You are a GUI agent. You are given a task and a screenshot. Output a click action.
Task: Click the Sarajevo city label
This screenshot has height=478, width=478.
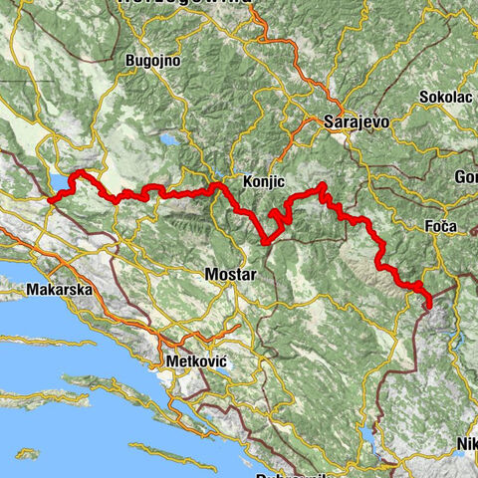(x=356, y=120)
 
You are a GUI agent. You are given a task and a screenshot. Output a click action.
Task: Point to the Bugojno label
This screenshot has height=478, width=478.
(x=151, y=61)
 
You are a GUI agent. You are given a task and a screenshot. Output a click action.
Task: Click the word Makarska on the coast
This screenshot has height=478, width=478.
(x=61, y=290)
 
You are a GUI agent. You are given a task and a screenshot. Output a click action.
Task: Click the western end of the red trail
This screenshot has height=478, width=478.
(x=49, y=199)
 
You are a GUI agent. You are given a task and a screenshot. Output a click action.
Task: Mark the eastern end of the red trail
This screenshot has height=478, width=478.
(x=427, y=306)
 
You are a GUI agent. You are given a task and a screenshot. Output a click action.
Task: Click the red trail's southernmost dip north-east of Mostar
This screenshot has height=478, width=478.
(x=265, y=240)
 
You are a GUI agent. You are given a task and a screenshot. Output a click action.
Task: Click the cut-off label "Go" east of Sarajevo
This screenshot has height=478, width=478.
(x=466, y=177)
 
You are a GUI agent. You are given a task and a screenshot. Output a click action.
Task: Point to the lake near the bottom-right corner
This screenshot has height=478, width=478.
(x=372, y=435)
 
